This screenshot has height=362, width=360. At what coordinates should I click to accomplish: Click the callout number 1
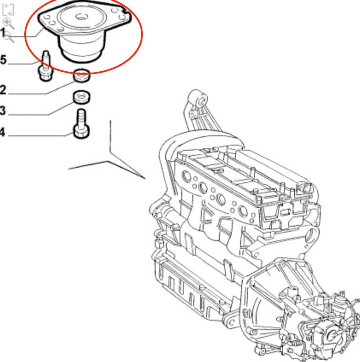(3, 33)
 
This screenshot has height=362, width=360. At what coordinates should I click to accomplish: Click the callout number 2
(3, 90)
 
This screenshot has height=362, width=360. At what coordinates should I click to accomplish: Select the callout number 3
(3, 111)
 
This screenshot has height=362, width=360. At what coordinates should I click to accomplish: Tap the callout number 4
(2, 132)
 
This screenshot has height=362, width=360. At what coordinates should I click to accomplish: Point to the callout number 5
(3, 60)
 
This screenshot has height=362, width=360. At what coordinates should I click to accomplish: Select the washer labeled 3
(81, 97)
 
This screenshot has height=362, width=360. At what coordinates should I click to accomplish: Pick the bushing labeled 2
(81, 75)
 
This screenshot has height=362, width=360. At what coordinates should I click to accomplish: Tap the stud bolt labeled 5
(46, 66)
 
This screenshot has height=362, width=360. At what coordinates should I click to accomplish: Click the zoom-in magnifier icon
(8, 23)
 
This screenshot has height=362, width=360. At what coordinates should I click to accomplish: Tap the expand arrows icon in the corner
(8, 10)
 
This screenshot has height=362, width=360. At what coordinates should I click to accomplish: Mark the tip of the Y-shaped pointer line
(145, 178)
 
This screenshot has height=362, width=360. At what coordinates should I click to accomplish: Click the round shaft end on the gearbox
(332, 335)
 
